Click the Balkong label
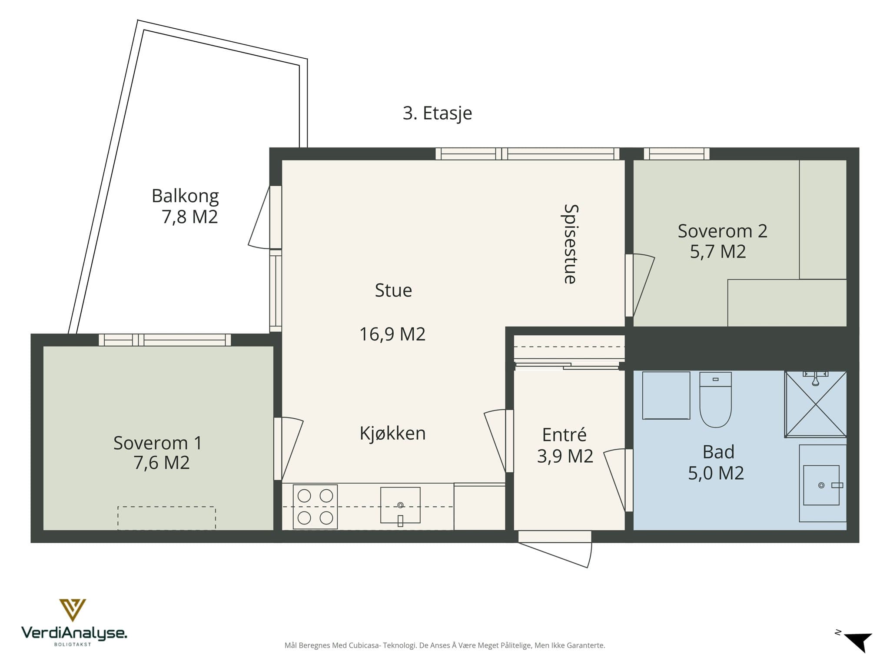pos(185,196)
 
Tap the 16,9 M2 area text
pos(392,334)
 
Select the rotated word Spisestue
pos(570,244)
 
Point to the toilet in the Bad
pos(715,399)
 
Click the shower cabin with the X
pos(816,404)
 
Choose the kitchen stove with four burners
pos(315,507)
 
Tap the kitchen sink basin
pos(400,505)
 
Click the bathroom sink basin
pos(821,485)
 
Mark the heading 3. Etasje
pos(437,113)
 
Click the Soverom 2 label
pos(722,231)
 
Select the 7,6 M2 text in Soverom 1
pos(162,463)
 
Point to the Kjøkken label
pos(392,434)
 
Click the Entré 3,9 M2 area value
pos(565,456)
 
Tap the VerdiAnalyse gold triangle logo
pos(73,610)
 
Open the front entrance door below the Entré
pos(555,549)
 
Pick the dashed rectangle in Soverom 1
pos(166,518)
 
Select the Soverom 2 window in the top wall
pos(677,154)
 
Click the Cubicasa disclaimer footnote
pos(445,645)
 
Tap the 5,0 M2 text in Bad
pos(716,473)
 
